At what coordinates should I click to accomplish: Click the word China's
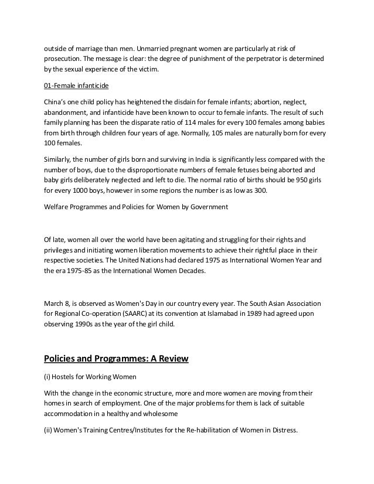(x=57, y=101)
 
